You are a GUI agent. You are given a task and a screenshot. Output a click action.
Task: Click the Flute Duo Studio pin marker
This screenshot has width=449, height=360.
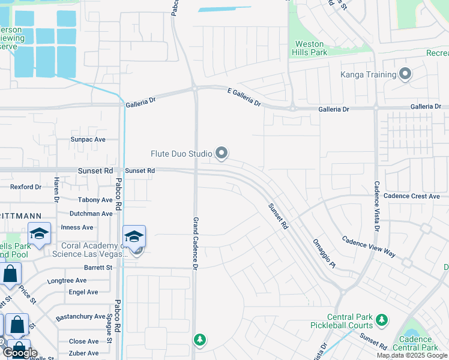click(221, 154)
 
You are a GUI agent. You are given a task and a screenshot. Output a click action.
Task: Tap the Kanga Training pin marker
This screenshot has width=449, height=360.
click(405, 74)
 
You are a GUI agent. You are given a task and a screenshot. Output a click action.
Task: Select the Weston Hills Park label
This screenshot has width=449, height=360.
click(310, 48)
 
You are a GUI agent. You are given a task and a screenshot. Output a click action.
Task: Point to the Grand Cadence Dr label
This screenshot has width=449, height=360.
click(195, 243)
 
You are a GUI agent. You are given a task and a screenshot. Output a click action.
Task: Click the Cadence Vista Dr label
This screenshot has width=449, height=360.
click(377, 206)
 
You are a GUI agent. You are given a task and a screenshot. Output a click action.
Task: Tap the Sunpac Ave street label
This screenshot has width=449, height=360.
click(88, 139)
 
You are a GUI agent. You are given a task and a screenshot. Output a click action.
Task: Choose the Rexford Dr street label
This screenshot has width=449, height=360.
click(26, 187)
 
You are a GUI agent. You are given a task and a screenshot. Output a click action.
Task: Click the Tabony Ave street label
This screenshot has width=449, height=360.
click(95, 200)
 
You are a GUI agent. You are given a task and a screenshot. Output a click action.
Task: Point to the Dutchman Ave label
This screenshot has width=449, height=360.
click(91, 214)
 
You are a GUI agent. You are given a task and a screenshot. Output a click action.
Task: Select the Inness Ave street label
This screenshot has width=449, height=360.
click(77, 227)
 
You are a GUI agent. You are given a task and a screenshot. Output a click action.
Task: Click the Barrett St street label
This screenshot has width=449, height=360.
click(98, 268)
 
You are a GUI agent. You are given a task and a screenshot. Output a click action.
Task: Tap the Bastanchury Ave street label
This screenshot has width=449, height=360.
click(80, 316)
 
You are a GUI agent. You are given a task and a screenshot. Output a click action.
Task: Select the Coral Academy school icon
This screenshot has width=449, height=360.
click(134, 237)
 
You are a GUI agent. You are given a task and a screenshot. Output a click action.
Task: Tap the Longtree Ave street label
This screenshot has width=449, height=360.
click(67, 280)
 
